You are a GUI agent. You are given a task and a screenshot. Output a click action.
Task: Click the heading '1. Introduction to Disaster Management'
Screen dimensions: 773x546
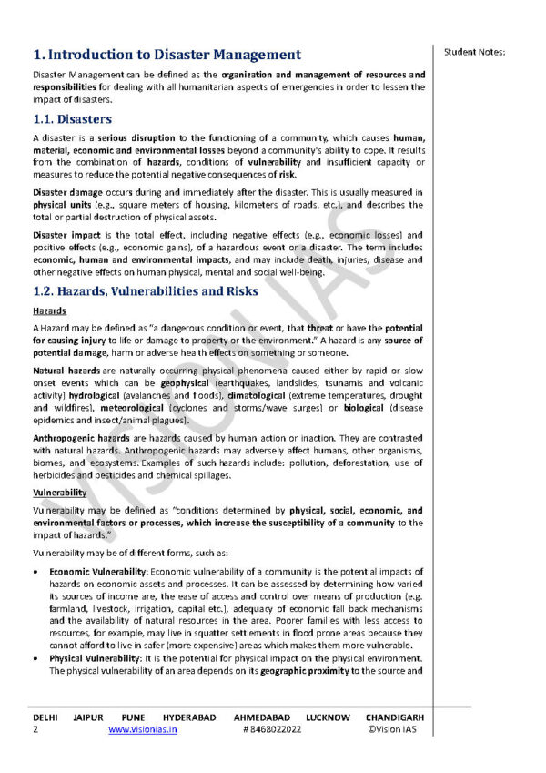click(167, 56)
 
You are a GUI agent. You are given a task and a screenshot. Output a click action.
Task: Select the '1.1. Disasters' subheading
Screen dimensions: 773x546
click(72, 119)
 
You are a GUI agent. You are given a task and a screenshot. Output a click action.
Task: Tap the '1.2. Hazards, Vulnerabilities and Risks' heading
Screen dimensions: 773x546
click(146, 291)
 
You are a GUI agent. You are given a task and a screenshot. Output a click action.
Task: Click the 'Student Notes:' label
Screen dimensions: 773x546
click(474, 51)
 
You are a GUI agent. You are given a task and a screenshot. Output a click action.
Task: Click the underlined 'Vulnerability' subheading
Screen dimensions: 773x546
click(59, 493)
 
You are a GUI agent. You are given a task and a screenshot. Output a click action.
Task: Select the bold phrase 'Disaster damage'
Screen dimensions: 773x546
click(67, 193)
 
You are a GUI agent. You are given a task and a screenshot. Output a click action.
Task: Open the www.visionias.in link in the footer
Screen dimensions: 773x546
click(143, 730)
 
